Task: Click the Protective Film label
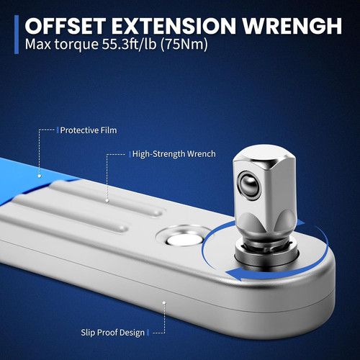[89, 130]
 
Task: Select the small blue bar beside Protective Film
[58, 130]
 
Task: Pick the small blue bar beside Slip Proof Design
[148, 333]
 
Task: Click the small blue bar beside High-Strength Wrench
[130, 154]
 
